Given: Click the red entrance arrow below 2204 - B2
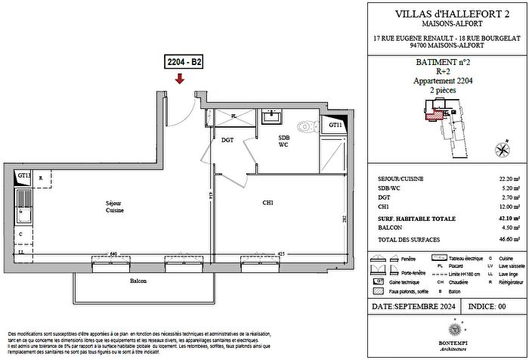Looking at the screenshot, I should tap(179, 79).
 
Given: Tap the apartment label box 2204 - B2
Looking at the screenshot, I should tap(179, 63).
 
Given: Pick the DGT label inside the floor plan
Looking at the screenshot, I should tap(227, 139).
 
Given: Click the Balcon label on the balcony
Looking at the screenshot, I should tap(138, 281).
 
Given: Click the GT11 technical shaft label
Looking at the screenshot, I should tap(336, 125).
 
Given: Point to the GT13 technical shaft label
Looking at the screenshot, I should tap(24, 175).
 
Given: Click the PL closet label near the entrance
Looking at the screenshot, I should tap(234, 116).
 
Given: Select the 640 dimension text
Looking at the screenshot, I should tap(92, 253).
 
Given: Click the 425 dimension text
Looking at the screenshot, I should tap(280, 253).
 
